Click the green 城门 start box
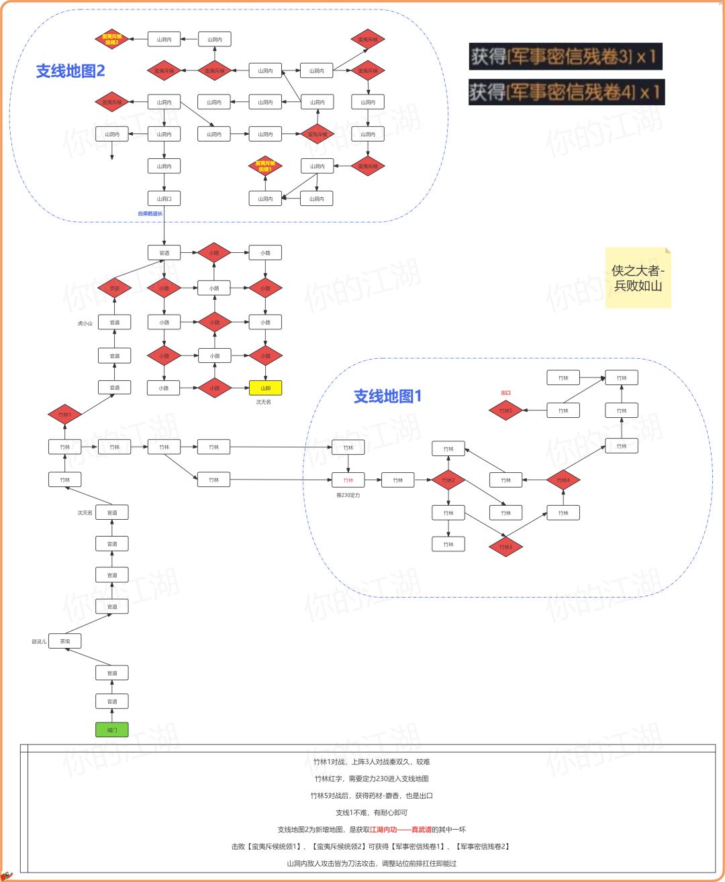(111, 730)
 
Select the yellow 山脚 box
(265, 388)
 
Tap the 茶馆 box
(64, 641)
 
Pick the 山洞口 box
(164, 199)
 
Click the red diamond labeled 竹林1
(64, 415)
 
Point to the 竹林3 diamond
(505, 547)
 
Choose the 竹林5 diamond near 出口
(505, 410)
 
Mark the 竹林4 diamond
(563, 480)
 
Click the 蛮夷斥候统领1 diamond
(265, 166)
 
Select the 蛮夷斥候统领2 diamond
(112, 40)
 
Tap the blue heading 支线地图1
(387, 396)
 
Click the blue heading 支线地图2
(70, 71)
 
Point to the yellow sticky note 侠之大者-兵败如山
(638, 278)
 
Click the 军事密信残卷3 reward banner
(565, 56)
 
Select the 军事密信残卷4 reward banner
(566, 92)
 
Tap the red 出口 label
(505, 393)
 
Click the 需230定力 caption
(348, 495)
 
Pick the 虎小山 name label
(85, 323)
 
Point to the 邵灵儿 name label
(39, 642)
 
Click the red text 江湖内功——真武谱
(401, 830)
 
